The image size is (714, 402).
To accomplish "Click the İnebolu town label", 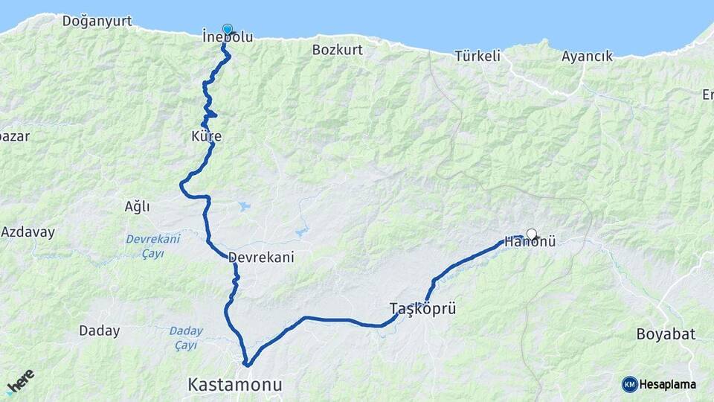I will [227, 36].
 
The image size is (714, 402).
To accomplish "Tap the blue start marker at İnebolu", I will [227, 29].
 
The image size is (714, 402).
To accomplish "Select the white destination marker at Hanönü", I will [532, 234].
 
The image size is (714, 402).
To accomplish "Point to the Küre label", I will [206, 137].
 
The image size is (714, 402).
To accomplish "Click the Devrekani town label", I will [261, 257].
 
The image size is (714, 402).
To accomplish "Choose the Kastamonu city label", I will [235, 385].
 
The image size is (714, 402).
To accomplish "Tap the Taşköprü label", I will [422, 307].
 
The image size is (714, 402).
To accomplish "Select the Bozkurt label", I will [337, 50].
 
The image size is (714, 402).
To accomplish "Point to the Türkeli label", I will [478, 56].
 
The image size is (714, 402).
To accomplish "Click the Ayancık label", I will [587, 56].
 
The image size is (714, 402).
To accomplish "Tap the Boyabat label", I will [666, 334].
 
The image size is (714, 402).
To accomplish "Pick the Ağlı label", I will [137, 206].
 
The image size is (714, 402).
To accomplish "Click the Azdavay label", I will [28, 232].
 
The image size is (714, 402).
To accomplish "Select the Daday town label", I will [99, 331].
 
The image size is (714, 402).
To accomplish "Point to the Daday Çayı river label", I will [185, 338].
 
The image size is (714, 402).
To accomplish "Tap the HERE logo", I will [20, 382].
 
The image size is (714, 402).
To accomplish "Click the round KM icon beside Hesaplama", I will [630, 384].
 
